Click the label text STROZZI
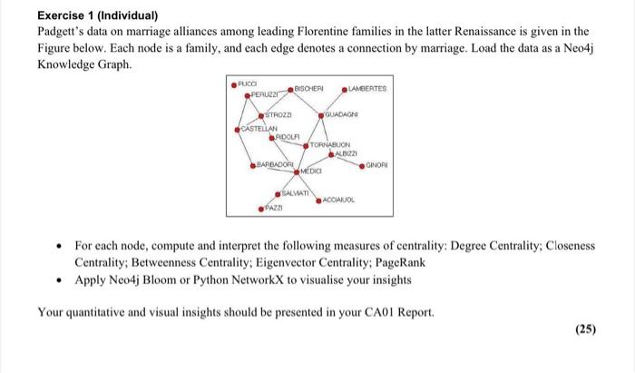pyautogui.click(x=278, y=116)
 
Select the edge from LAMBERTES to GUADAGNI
pyautogui.click(x=332, y=103)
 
